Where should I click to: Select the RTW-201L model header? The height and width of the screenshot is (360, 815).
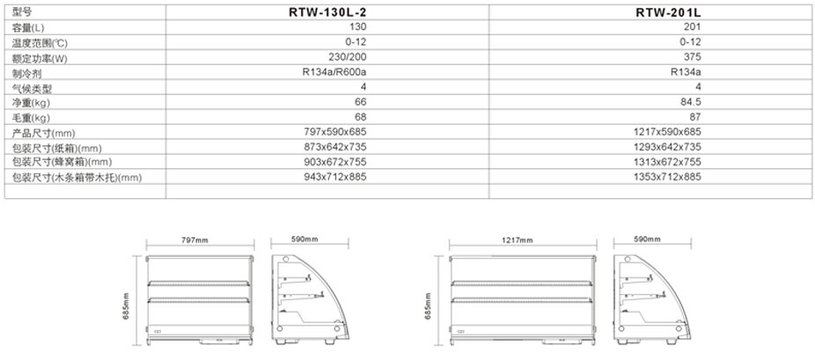coord(668,12)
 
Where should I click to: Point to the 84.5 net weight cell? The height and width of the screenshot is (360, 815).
coord(692,102)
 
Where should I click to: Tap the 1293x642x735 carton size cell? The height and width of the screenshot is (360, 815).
coord(667,147)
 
